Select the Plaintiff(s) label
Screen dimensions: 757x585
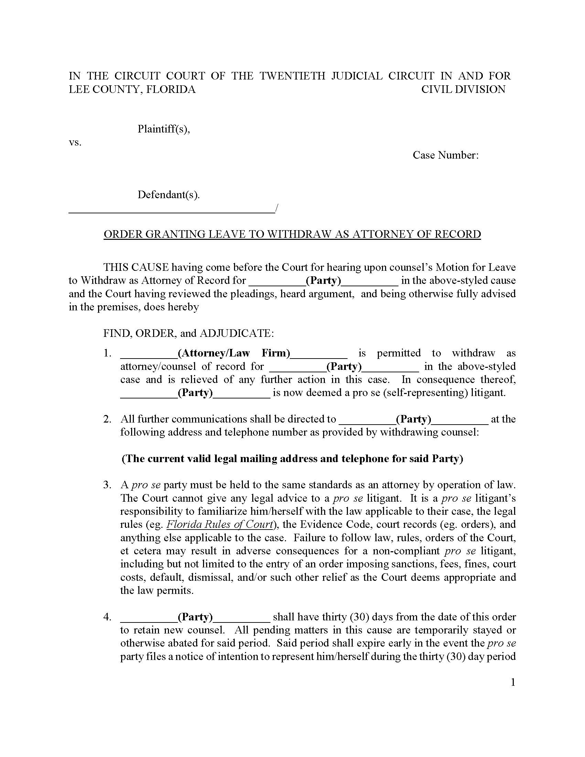(163, 129)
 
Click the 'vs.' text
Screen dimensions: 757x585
(75, 142)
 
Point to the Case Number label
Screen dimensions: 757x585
(445, 155)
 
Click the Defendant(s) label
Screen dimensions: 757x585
(168, 195)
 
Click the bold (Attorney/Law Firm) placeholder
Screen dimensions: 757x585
(234, 353)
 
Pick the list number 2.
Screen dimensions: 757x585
(107, 419)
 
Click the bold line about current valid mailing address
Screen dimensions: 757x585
(292, 459)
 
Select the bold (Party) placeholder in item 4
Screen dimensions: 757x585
(195, 617)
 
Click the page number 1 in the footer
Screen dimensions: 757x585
(513, 683)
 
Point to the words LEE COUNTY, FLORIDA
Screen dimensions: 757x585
(132, 89)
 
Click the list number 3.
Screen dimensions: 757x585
(107, 485)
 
